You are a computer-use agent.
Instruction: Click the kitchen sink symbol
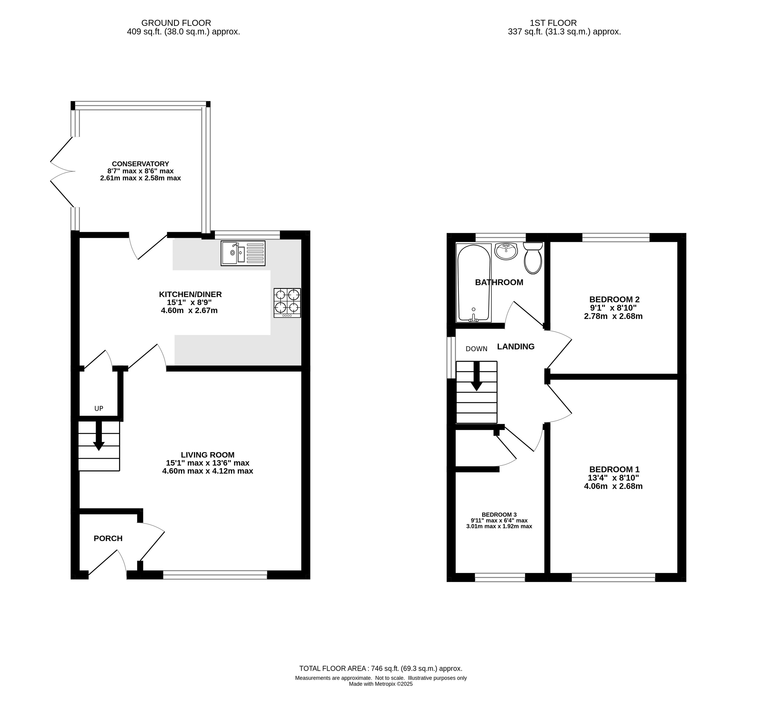coord(243,253)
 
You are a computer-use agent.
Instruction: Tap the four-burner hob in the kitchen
coord(287,303)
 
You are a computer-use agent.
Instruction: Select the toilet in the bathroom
coord(533,258)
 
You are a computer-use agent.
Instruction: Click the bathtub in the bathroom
coord(474,283)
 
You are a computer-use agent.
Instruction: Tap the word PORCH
coord(108,538)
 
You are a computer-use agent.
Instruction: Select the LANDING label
coord(516,346)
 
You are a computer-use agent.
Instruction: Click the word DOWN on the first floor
coord(476,349)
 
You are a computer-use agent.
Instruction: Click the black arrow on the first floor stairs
coord(476,376)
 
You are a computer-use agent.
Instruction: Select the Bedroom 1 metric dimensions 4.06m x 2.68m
coord(613,486)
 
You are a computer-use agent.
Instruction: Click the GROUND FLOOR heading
coord(176,23)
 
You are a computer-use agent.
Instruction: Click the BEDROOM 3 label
coord(499,515)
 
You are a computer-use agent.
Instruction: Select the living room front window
coord(215,575)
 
